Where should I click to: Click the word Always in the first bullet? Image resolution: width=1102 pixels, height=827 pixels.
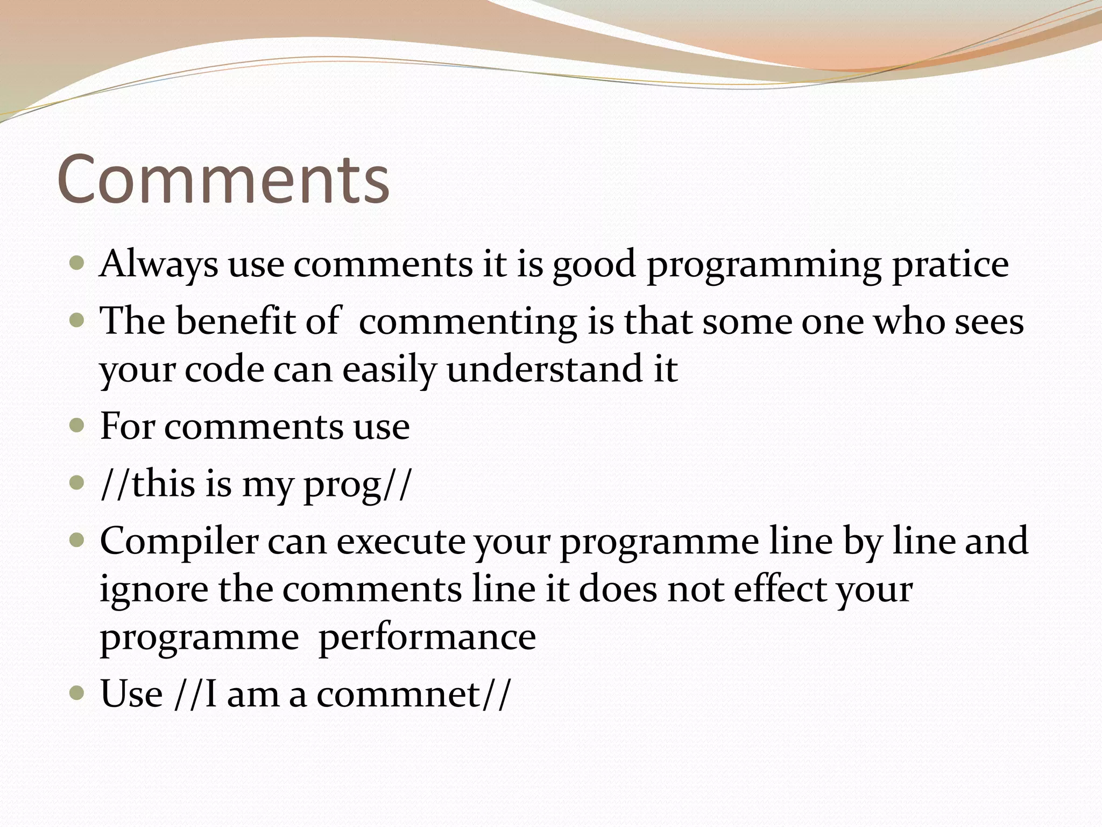pyautogui.click(x=158, y=265)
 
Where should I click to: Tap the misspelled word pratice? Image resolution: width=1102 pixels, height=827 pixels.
pyautogui.click(x=950, y=265)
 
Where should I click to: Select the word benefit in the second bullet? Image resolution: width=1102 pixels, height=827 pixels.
pyautogui.click(x=236, y=321)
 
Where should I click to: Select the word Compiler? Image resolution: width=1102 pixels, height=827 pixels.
pyautogui.click(x=179, y=541)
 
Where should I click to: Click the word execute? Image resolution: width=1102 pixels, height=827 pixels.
pyautogui.click(x=401, y=541)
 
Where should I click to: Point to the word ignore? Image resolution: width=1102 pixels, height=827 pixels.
pyautogui.click(x=154, y=590)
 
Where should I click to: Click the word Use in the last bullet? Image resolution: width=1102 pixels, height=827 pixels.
pyautogui.click(x=131, y=694)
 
